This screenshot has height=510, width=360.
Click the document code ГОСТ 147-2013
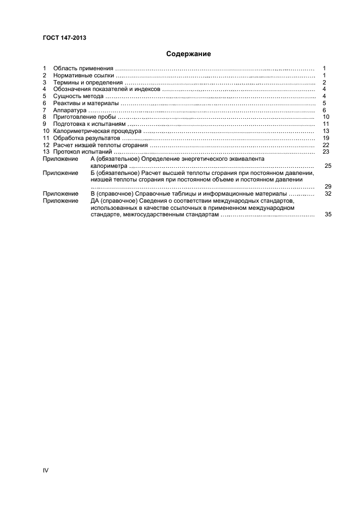click(x=64, y=38)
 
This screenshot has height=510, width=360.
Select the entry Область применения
click(x=83, y=68)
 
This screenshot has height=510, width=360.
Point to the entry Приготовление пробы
click(x=84, y=117)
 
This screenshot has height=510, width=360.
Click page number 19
click(x=326, y=138)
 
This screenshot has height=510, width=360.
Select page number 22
click(x=326, y=145)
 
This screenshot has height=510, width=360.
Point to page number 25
click(x=328, y=166)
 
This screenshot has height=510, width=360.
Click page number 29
click(x=328, y=186)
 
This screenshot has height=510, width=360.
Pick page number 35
click(x=328, y=215)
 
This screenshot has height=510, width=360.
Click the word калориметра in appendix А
click(x=108, y=166)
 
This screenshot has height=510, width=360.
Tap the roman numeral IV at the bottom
click(x=46, y=470)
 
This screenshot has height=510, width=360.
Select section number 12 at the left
click(x=46, y=145)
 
